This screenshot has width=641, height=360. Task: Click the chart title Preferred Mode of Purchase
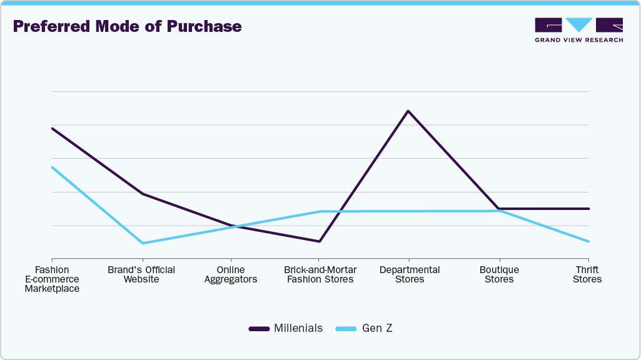point(127,27)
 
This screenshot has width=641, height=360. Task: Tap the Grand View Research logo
point(578,30)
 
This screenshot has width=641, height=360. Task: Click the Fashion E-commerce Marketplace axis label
point(52,279)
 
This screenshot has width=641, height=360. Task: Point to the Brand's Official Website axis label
point(141,274)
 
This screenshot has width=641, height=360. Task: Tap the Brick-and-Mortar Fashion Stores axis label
point(320,274)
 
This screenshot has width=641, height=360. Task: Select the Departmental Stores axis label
point(410,274)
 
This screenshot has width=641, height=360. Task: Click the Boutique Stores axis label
point(499,274)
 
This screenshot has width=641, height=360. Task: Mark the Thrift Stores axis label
point(588,274)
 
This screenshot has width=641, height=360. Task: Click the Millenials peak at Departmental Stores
point(408,111)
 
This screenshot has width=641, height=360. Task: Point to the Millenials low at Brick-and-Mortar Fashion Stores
point(319,241)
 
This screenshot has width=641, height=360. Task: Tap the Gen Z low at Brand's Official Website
point(143,243)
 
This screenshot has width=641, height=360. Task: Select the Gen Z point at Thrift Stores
point(588,241)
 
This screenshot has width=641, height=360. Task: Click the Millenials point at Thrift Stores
point(588,209)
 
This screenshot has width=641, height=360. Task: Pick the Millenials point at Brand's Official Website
point(143,194)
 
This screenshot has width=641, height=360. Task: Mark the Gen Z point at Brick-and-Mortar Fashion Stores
point(320,211)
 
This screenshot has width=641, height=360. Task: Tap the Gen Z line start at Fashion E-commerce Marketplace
point(53,167)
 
